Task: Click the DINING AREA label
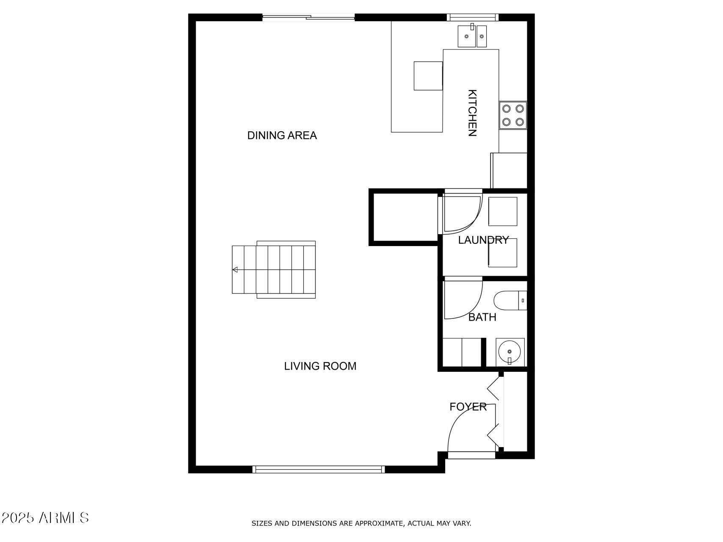click(x=282, y=135)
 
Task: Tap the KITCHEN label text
click(x=472, y=113)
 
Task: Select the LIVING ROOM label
click(x=320, y=366)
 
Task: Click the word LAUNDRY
click(x=483, y=240)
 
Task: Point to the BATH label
click(x=482, y=317)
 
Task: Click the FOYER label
click(x=468, y=407)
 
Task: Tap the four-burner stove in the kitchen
click(x=513, y=115)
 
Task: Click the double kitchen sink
click(x=472, y=36)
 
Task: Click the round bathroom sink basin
click(x=510, y=351)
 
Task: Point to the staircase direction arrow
click(x=235, y=270)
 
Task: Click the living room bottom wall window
click(x=319, y=469)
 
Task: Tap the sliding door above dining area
click(x=308, y=17)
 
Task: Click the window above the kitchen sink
click(x=472, y=17)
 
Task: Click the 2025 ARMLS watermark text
click(x=45, y=517)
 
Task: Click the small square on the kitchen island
click(x=428, y=76)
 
